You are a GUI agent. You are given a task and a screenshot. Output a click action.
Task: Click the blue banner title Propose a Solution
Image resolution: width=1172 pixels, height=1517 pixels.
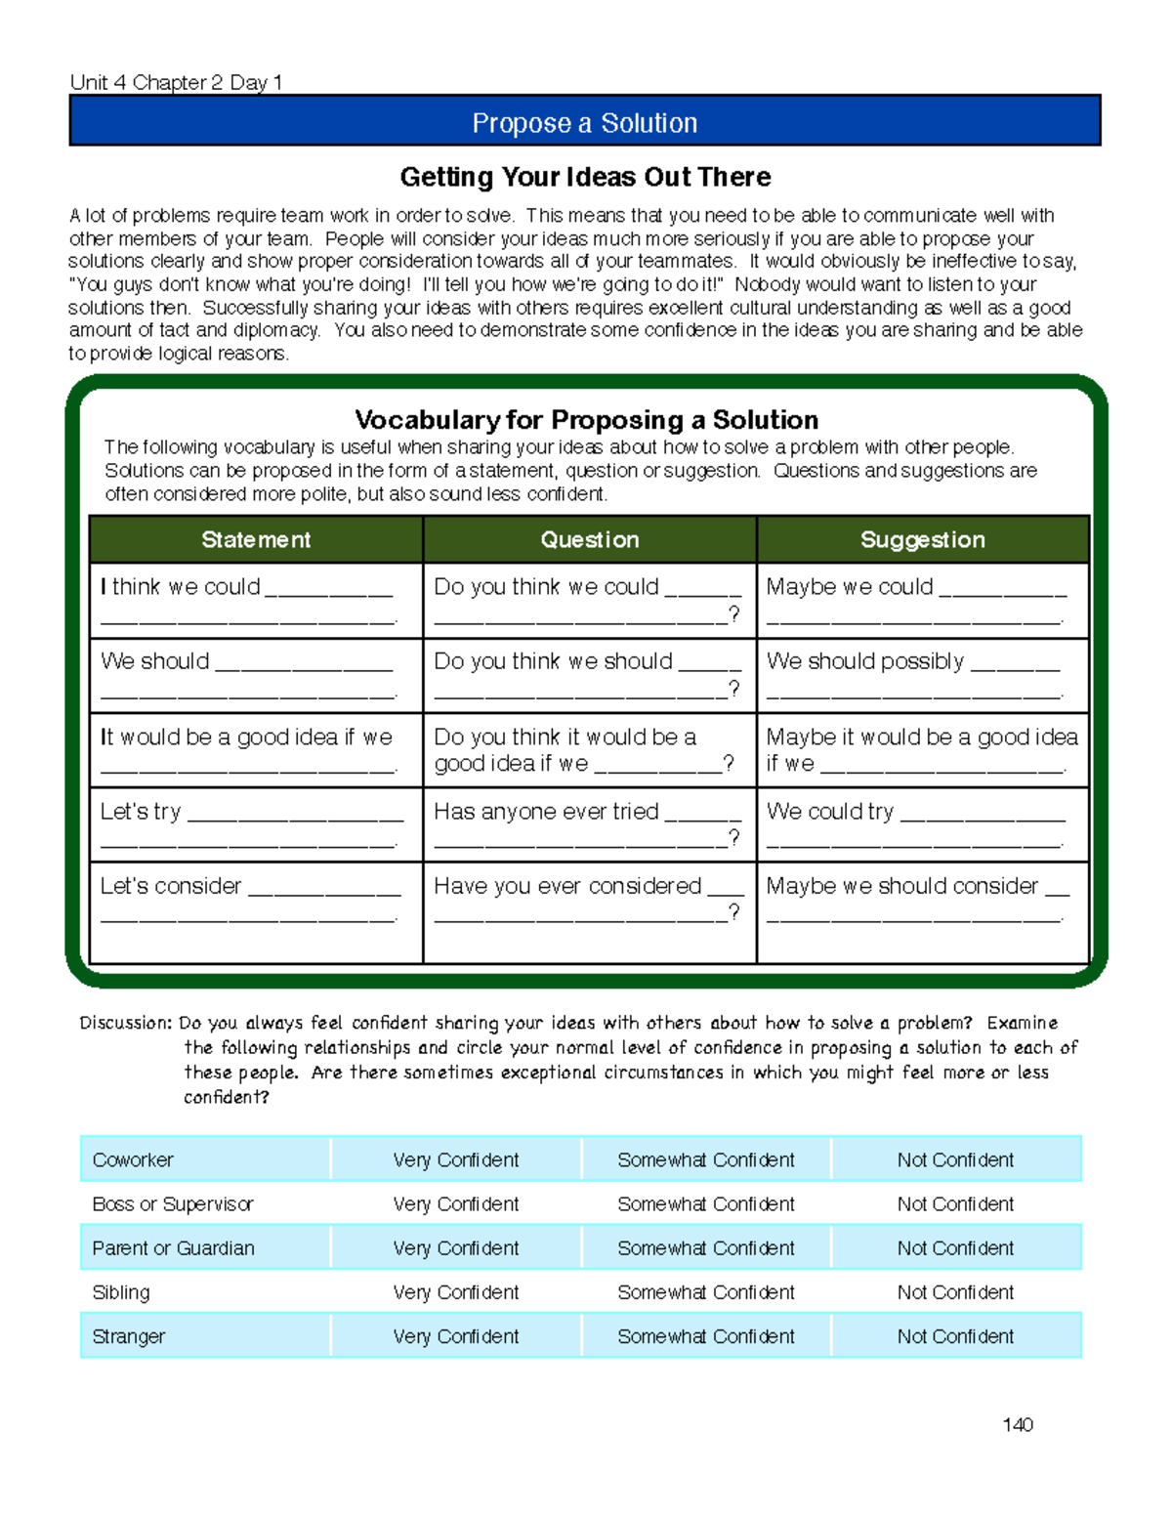[x=584, y=123]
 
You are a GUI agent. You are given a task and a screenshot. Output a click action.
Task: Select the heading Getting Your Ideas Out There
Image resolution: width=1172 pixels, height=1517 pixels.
[x=585, y=177]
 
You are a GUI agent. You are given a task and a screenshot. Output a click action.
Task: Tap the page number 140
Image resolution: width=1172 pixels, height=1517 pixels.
[x=1017, y=1424]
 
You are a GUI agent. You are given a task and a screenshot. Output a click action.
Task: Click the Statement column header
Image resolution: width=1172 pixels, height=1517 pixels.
[x=256, y=539]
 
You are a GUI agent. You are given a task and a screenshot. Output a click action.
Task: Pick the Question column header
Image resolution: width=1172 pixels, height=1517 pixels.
[x=589, y=539]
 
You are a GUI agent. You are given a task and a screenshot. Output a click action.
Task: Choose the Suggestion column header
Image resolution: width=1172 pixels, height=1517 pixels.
[x=922, y=539]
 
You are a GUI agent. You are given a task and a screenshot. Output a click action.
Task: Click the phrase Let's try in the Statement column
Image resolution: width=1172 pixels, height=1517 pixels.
[x=141, y=812]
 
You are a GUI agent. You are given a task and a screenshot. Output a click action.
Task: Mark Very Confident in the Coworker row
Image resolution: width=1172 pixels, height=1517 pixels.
[x=455, y=1159]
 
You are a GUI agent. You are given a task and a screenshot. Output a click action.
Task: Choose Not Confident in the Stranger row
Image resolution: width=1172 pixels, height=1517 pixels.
[x=955, y=1336]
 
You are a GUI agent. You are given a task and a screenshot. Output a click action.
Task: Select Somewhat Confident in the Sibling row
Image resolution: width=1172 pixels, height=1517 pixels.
[x=705, y=1292]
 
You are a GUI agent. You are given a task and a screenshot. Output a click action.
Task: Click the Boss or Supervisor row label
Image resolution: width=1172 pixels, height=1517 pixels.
[x=172, y=1204]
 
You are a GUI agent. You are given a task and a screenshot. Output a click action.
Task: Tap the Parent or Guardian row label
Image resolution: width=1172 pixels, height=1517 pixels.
[x=173, y=1248]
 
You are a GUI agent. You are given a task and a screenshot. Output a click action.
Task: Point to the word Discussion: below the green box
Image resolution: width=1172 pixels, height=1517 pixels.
[x=126, y=1023]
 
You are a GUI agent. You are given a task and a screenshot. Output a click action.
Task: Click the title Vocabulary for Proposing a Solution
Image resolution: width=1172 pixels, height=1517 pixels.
[x=586, y=420]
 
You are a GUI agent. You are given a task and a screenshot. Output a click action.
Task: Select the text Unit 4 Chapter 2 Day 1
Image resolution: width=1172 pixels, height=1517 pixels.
[x=176, y=82]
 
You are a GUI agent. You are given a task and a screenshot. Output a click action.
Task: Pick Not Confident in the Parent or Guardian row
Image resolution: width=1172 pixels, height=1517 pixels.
[x=955, y=1248]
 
